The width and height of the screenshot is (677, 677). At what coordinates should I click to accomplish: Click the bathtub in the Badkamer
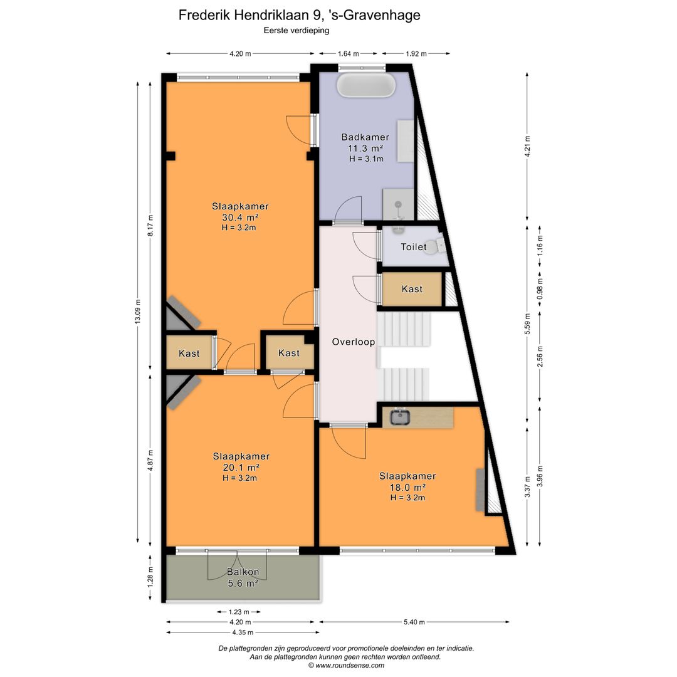[x=365, y=85]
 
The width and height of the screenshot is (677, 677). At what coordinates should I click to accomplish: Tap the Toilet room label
[x=414, y=247]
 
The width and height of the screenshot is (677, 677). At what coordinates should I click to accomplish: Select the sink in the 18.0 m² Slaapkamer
[x=400, y=417]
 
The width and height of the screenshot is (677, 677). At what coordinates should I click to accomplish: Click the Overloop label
[x=353, y=342]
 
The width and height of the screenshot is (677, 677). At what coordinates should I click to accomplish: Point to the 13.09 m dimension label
[x=138, y=312]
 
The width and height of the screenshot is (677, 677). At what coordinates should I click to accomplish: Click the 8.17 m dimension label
[x=150, y=226]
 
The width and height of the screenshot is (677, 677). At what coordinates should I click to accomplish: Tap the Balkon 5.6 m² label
[x=243, y=578]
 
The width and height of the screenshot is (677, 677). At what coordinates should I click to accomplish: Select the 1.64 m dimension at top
[x=348, y=54]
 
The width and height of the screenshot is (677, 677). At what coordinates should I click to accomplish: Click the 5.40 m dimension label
[x=414, y=622]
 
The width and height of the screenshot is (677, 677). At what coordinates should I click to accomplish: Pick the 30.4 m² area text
[x=240, y=217]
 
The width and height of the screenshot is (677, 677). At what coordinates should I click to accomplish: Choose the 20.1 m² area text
[x=241, y=467]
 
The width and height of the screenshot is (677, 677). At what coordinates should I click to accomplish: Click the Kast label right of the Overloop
[x=412, y=289]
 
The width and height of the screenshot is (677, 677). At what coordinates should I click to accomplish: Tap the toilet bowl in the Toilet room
[x=437, y=246]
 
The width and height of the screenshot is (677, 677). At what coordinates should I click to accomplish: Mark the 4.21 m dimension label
[x=527, y=147]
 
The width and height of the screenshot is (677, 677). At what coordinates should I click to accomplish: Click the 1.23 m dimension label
[x=239, y=612]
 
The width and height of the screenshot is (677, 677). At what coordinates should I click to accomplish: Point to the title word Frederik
[x=204, y=15]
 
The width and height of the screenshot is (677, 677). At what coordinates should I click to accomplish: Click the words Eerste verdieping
[x=297, y=31]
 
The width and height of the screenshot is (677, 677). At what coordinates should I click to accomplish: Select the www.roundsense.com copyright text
[x=346, y=665]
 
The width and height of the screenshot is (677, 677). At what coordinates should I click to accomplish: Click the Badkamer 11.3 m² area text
[x=365, y=148]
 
